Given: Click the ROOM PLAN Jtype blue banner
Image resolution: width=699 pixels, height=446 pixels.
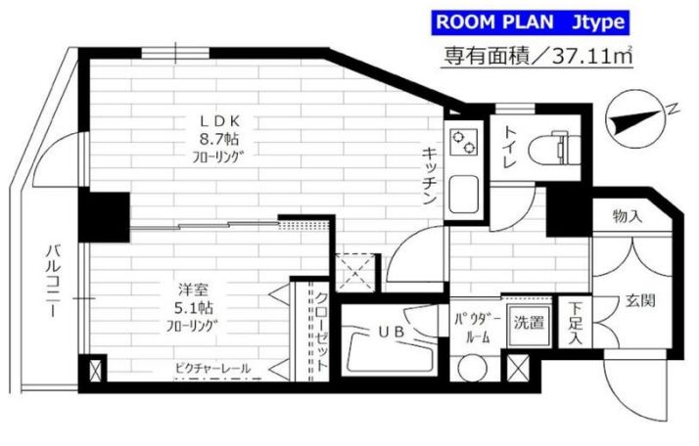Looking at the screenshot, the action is (530, 22).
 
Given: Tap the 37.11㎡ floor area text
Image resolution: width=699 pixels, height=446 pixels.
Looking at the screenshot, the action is (592, 57).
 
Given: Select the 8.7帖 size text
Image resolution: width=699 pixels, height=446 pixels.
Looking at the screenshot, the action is (219, 140).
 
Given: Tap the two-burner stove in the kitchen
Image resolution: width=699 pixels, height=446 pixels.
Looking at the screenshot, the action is (463, 141).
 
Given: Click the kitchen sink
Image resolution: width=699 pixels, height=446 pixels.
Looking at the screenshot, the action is (464, 195).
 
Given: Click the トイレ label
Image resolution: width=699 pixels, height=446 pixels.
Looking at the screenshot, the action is (509, 146).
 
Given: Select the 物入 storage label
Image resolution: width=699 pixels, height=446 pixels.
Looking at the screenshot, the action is (628, 216).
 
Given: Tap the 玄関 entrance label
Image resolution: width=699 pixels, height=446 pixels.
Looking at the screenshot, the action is (640, 300).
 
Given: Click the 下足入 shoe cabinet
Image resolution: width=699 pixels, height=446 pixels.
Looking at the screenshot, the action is (576, 322).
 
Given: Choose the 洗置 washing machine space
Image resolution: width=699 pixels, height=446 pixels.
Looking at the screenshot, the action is (529, 323).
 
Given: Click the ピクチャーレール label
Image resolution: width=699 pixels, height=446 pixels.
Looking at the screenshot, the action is (212, 369).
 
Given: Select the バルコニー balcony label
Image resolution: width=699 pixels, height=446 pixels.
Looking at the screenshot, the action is (53, 281).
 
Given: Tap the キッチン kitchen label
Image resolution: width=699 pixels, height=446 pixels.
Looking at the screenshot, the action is (430, 176).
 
